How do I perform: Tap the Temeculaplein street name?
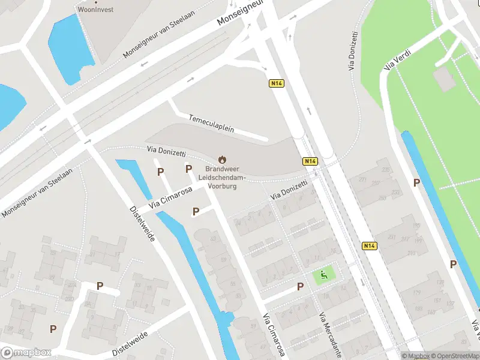tap(211, 124)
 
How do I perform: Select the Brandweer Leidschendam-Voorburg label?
tap(222, 178)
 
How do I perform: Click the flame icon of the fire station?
tap(222, 160)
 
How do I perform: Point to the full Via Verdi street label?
tap(395, 62)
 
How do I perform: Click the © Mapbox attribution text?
tap(415, 356)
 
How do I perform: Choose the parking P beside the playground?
tap(300, 287)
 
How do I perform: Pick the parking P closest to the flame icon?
tap(188, 169)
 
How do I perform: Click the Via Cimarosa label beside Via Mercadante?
tap(273, 336)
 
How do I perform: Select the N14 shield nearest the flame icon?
tap(310, 161)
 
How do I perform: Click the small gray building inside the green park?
tap(444, 78)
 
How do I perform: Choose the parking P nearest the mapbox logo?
tap(53, 329)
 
